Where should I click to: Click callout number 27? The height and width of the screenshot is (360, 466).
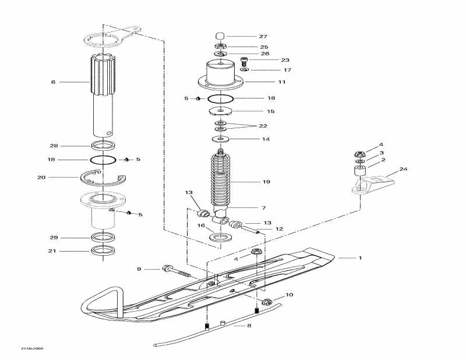[263, 36]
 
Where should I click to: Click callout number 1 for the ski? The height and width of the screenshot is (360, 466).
[360, 257]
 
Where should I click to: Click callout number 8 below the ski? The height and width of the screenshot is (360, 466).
[249, 326]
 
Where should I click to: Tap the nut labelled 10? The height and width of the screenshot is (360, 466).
[268, 302]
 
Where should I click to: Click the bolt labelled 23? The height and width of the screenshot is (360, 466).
[245, 59]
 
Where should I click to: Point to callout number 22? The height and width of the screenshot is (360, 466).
[263, 126]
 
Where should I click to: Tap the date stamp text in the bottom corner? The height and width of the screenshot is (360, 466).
[32, 348]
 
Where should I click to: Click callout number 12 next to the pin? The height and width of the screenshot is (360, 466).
[279, 229]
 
